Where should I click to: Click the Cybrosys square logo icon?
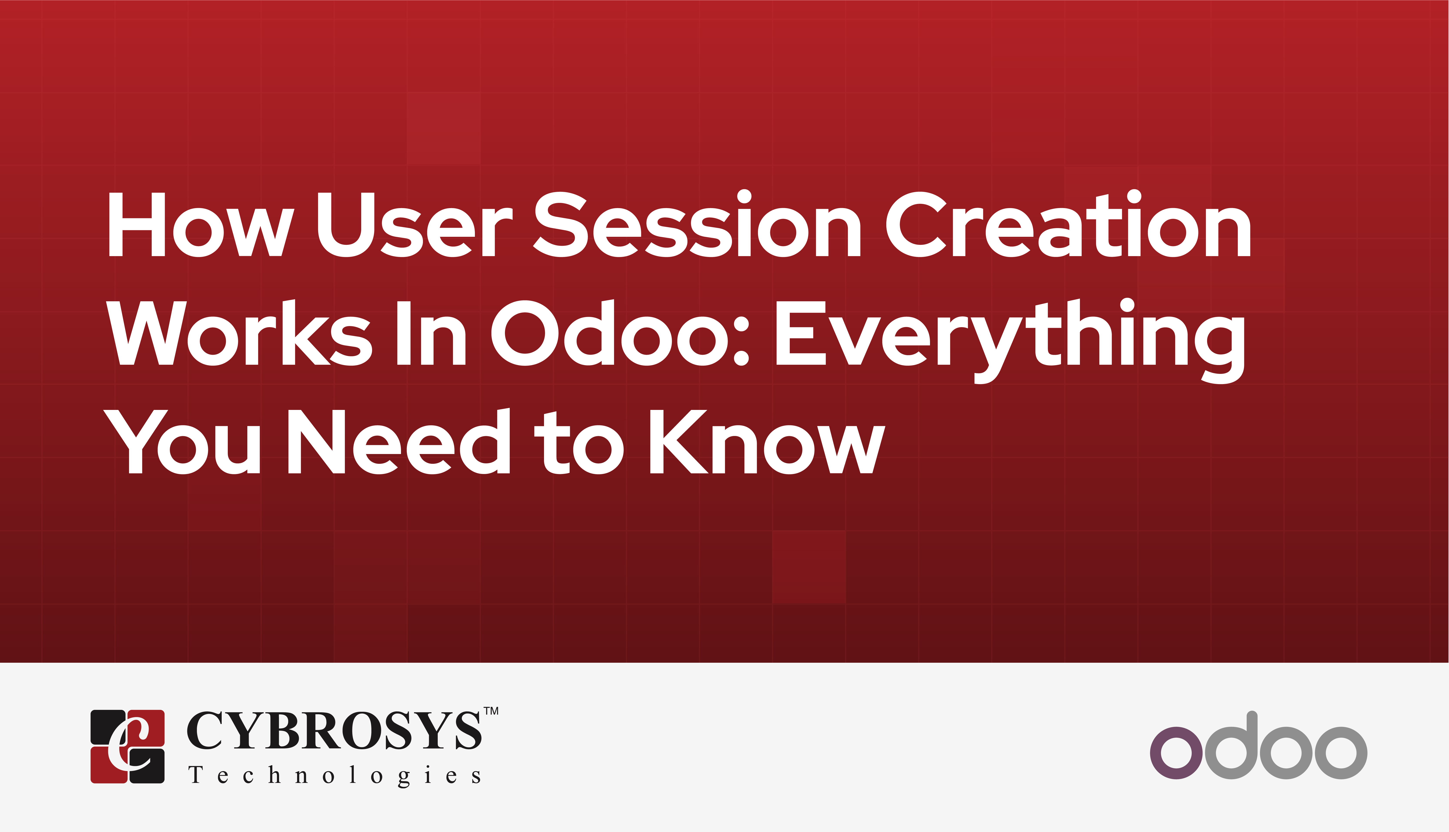click(x=127, y=746)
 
